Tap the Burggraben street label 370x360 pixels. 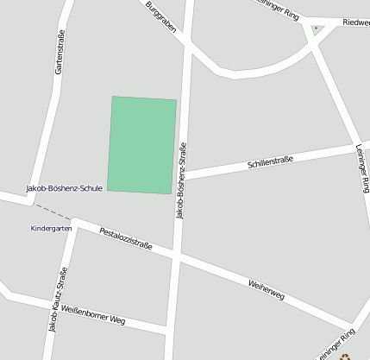[161, 17]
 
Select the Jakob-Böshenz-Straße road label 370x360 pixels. [181, 180]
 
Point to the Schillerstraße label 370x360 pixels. [270, 161]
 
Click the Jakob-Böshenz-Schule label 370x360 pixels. [65, 187]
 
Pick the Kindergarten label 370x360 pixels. [51, 229]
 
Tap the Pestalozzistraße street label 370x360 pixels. [126, 239]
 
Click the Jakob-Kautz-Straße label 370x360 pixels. [58, 300]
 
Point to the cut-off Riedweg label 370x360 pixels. [355, 22]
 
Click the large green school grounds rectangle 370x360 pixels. [142, 145]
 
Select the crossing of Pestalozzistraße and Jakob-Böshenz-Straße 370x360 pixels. [178, 256]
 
